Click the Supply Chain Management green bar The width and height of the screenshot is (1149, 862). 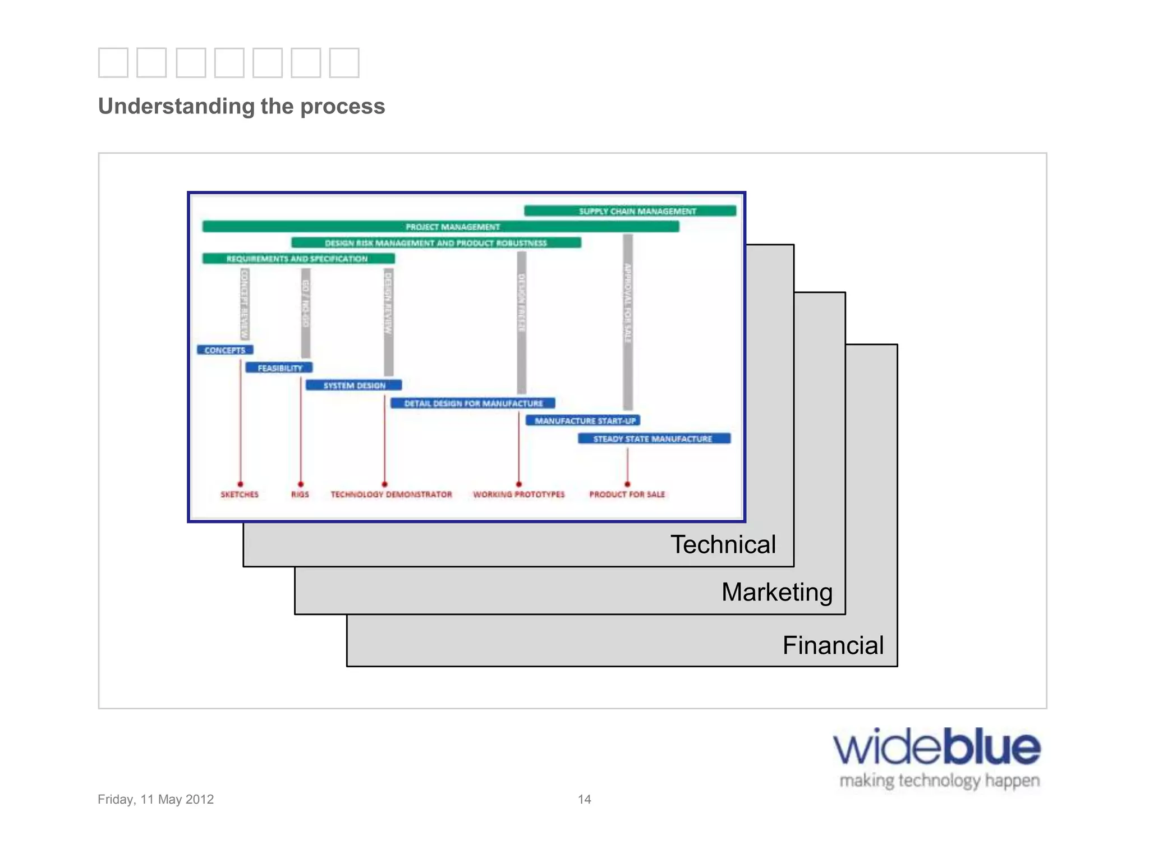coord(630,211)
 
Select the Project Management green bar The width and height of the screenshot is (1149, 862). coord(440,227)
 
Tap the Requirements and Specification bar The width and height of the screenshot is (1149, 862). coord(298,259)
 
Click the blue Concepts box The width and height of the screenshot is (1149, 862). coord(225,350)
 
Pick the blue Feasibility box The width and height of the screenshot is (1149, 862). coord(279,368)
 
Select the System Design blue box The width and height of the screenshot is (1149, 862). coord(353,386)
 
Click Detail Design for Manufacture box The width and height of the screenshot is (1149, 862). coord(472,404)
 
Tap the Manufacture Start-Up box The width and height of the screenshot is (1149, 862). coord(583,421)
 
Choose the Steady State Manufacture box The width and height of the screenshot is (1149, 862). coord(654,439)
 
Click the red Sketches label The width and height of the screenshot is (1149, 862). coord(240,494)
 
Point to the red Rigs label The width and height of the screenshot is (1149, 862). coord(300,494)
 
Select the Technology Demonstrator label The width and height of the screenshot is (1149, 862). coord(391,494)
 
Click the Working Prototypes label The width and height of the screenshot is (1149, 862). coord(518,494)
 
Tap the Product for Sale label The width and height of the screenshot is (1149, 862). coord(627,494)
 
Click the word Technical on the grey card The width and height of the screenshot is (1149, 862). coord(723,545)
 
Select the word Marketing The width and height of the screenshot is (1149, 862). coord(776,593)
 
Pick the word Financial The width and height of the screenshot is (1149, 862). coord(833,645)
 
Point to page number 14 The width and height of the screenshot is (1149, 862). coord(584,799)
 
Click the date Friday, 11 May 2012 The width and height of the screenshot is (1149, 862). coord(155,799)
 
